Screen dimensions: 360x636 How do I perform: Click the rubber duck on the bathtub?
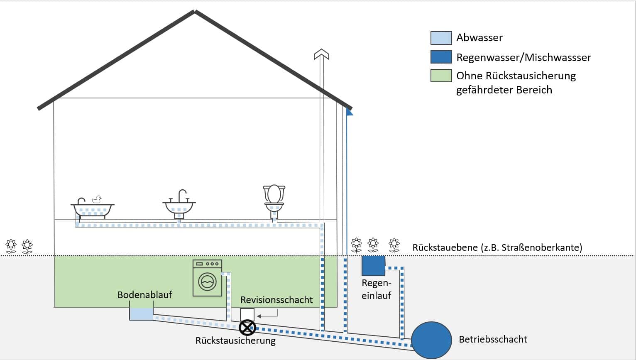[97, 199]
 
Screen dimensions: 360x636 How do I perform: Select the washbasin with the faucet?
[179, 206]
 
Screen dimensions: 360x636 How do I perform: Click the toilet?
[274, 199]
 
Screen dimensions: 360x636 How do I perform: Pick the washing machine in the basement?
[207, 278]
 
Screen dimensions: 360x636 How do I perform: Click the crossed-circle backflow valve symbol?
[247, 328]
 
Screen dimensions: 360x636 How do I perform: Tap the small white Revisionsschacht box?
[247, 314]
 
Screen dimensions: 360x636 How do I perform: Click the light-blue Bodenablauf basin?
[142, 313]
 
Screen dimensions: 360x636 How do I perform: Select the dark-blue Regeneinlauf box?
[373, 266]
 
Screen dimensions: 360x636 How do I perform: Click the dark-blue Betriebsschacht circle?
[431, 340]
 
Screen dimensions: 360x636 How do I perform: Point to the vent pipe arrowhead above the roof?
[321, 54]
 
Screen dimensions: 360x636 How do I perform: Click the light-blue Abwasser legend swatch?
[441, 38]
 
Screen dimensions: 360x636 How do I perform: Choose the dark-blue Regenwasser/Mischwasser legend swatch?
[441, 57]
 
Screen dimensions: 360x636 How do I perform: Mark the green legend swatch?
[441, 76]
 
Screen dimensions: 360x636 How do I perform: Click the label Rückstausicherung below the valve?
[235, 341]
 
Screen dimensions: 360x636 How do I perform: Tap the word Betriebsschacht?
[493, 339]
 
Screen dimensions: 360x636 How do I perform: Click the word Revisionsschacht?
[276, 300]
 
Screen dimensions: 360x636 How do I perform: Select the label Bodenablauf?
[144, 295]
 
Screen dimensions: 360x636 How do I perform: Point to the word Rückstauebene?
[445, 247]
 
